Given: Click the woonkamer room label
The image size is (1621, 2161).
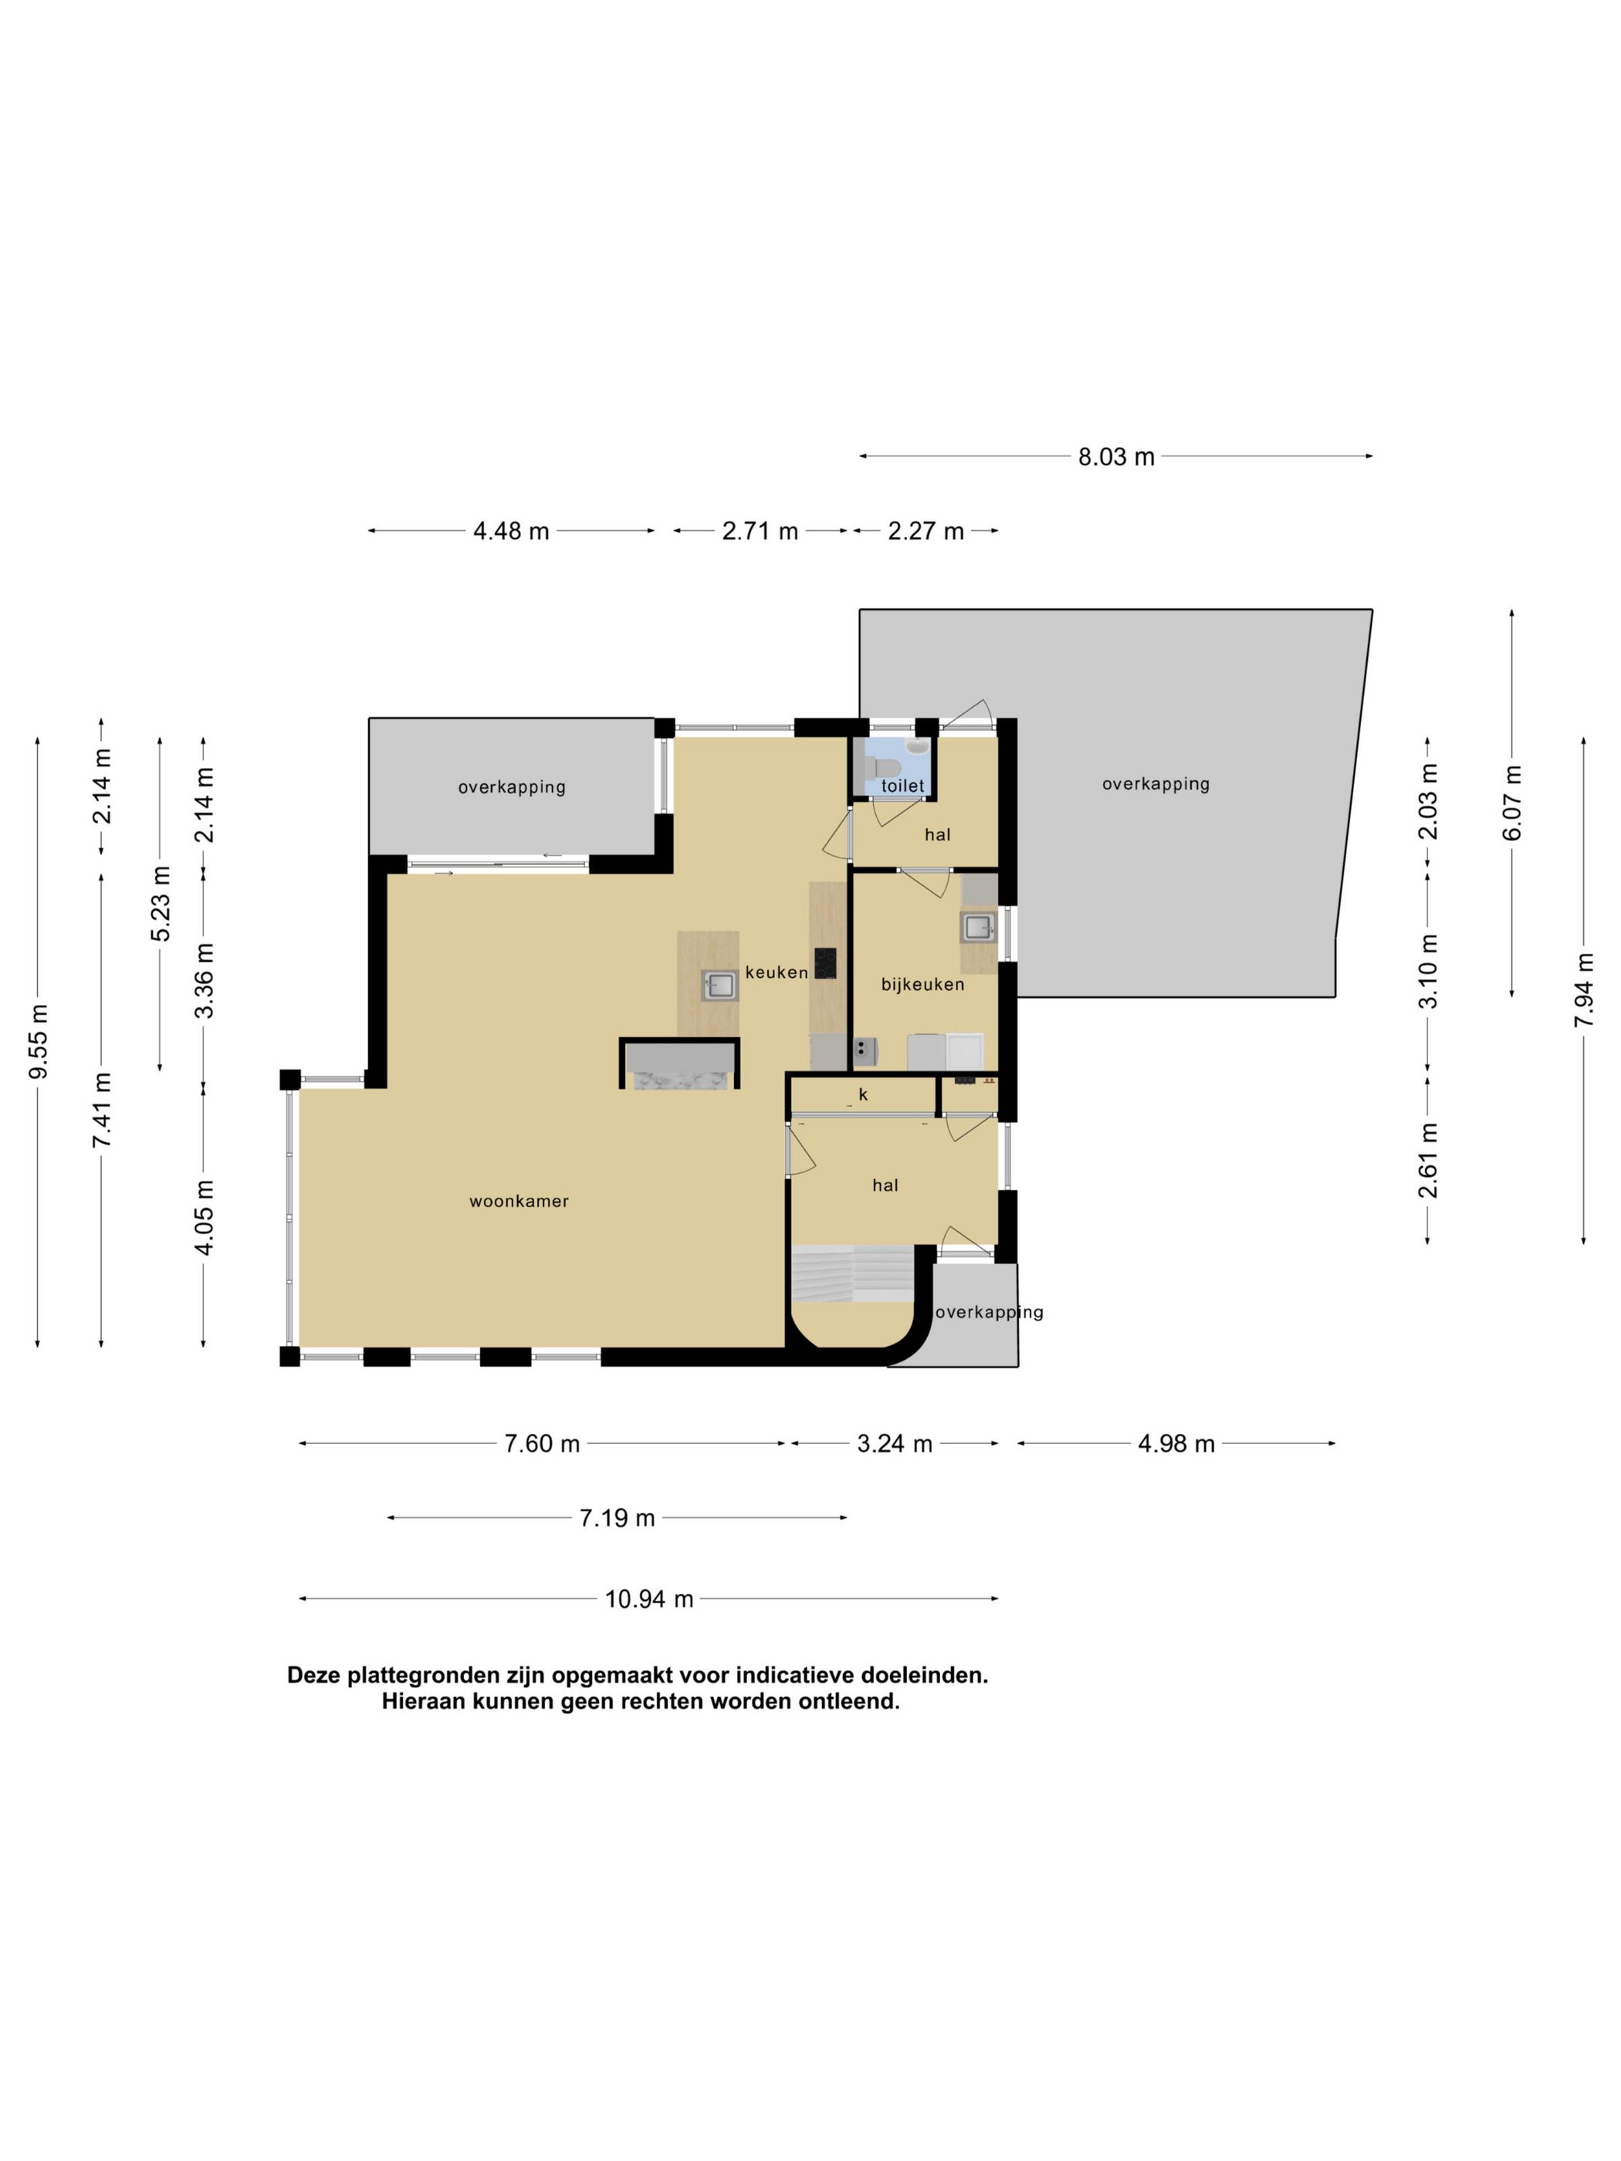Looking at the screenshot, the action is pos(519,1201).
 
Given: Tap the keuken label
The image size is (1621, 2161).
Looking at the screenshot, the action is pos(777,972).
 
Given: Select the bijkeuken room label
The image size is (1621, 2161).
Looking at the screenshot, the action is pos(922,985).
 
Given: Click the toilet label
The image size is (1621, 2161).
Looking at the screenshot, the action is pos(903,786).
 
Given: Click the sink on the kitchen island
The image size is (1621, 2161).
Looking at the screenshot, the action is pos(720,985).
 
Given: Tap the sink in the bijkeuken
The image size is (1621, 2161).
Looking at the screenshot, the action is pos(978,926).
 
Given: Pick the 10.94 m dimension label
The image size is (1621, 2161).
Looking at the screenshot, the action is pos(649,1599).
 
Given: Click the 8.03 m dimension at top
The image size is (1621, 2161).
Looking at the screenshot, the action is pos(1116,457).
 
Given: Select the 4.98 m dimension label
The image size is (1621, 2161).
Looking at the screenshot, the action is pos(1176,1444).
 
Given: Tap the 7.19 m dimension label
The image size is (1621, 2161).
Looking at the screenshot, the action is pos(617,1518).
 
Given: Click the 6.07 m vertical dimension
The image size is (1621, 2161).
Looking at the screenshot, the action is pos(1512,803).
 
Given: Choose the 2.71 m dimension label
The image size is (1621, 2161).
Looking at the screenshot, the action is pos(760,532).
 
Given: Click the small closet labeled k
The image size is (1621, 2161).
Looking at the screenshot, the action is pos(863,1095).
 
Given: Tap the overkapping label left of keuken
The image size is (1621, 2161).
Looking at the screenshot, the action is pos(512,787).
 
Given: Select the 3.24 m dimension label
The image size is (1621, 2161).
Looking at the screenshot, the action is pos(895,1444).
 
